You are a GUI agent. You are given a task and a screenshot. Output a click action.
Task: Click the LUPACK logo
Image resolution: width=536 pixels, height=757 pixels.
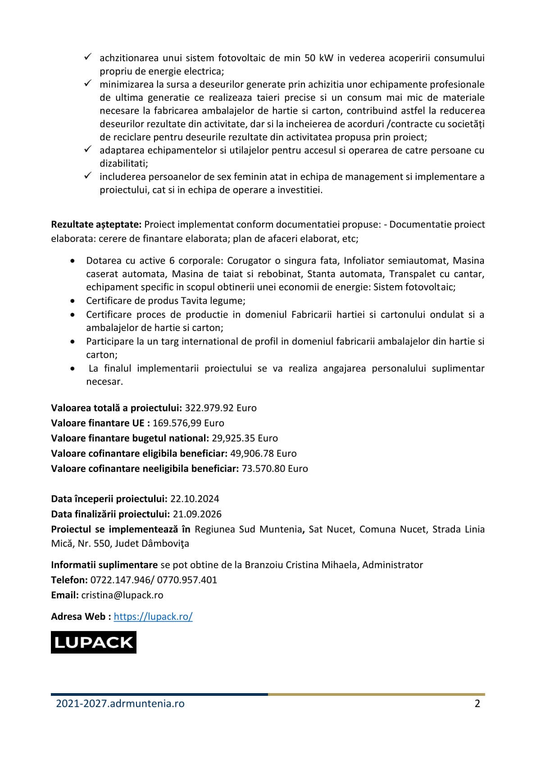coord(93,642)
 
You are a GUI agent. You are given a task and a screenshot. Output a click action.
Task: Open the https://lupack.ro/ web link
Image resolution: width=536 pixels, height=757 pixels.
coord(153,616)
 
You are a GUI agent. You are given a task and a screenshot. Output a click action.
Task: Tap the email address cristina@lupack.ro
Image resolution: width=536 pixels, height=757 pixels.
coord(122,595)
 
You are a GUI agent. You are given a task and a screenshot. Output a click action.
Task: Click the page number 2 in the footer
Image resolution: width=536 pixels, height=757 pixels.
coord(477,703)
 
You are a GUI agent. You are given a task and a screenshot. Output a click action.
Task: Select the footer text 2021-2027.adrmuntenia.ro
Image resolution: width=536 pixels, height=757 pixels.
coord(120,703)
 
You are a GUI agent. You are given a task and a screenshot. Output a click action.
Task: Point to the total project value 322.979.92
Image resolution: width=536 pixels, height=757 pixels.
coord(209,408)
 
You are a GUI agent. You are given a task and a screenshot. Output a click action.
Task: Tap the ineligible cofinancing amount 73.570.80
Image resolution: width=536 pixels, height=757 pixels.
coord(263,468)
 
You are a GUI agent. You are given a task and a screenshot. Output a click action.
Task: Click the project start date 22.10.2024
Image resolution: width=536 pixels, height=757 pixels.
coord(195,498)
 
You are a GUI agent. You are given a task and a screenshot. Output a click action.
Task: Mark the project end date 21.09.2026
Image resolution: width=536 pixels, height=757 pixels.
coord(197,514)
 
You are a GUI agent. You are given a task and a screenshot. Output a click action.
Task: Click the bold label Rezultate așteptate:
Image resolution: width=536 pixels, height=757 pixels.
coord(96,224)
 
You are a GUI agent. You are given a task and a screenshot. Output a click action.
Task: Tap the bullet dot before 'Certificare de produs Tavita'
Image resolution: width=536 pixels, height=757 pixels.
coord(73,301)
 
